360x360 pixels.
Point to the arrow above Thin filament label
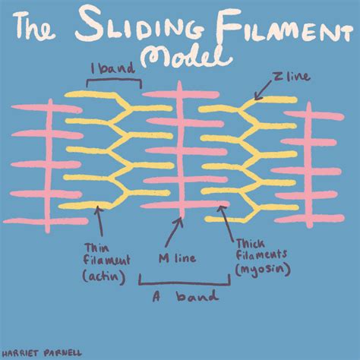[x=99, y=223]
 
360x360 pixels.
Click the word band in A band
[x=197, y=297]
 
